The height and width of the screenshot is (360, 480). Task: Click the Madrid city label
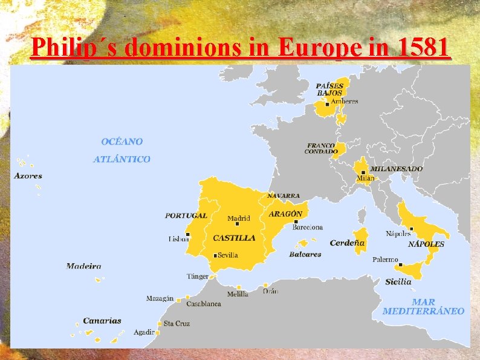(239, 218)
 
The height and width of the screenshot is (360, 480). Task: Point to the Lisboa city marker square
(189, 234)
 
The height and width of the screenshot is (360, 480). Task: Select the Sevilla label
(228, 255)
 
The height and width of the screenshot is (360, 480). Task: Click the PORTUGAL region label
(186, 215)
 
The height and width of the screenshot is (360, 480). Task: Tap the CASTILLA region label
(234, 238)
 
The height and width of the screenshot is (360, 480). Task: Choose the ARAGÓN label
(285, 214)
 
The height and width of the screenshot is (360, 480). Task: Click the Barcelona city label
(307, 227)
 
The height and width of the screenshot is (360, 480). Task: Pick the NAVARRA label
(283, 196)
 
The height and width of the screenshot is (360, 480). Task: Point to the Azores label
(28, 176)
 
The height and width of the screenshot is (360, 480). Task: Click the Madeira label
(83, 266)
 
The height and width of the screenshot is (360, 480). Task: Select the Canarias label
(102, 321)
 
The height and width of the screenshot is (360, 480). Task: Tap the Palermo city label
(385, 260)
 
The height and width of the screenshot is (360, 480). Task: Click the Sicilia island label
(398, 281)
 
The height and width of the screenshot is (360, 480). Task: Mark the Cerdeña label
(347, 243)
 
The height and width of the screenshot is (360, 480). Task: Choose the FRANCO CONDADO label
(320, 148)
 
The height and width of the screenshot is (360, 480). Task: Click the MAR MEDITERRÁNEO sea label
(423, 307)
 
